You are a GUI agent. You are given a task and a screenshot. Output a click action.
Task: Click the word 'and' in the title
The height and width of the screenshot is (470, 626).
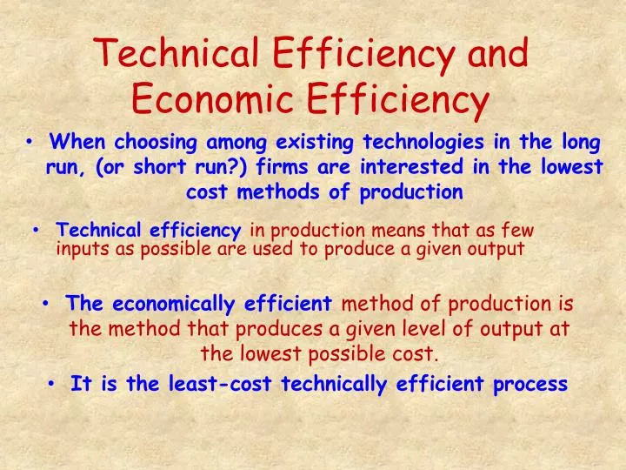click(498, 54)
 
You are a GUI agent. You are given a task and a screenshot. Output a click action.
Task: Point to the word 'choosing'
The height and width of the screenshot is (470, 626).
click(151, 141)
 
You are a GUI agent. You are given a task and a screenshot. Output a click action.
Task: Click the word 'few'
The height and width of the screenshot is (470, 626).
click(518, 231)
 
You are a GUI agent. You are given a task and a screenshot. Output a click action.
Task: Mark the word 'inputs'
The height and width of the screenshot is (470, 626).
click(80, 250)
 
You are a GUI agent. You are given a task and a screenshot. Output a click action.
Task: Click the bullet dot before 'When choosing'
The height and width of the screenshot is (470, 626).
click(30, 141)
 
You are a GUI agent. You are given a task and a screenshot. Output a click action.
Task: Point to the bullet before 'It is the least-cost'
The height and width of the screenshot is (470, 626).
click(54, 383)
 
